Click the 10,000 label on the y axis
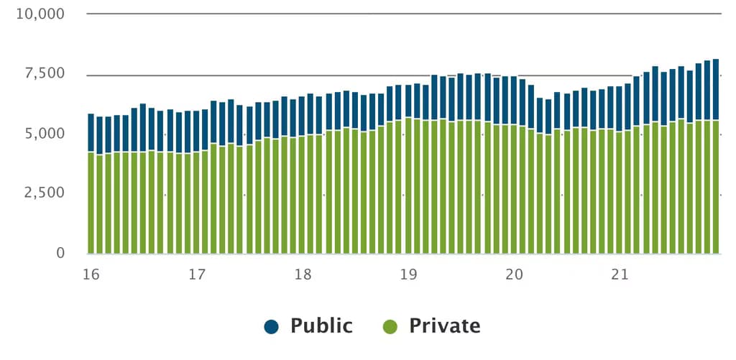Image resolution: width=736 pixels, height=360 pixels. [x=40, y=14]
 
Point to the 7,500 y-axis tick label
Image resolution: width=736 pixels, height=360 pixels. [x=45, y=74]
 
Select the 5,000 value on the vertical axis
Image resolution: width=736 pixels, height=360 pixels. [x=45, y=134]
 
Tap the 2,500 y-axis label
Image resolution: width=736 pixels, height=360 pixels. [x=45, y=193]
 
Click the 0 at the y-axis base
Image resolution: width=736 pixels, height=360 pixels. [x=60, y=253]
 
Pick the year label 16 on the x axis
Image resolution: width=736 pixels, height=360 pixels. [x=91, y=274]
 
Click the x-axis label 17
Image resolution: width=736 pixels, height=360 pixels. [x=197, y=274]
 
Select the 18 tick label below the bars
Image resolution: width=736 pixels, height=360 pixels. [x=303, y=274]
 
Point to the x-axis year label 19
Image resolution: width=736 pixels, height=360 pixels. [x=408, y=274]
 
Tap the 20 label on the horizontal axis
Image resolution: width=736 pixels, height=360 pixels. [x=515, y=274]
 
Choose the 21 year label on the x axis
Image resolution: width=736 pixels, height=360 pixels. [x=620, y=274]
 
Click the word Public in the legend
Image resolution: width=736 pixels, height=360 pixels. [x=321, y=326]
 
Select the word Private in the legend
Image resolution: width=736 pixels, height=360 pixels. [x=444, y=326]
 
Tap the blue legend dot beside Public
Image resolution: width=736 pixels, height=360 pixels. [x=271, y=326]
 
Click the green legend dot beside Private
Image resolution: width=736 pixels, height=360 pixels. [x=390, y=326]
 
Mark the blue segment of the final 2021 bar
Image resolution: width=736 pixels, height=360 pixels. [x=716, y=90]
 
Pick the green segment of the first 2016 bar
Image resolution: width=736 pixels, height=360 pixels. [x=91, y=203]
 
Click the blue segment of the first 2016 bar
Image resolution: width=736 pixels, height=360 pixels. [x=91, y=133]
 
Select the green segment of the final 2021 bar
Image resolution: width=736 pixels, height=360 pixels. [x=716, y=187]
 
